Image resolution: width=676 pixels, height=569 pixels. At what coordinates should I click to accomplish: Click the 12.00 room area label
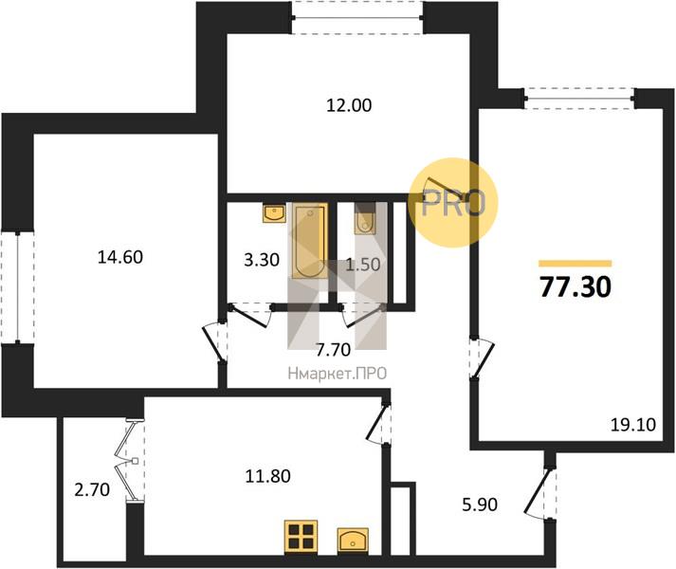(x=349, y=105)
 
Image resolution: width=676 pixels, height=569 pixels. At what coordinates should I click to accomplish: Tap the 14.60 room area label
(x=120, y=257)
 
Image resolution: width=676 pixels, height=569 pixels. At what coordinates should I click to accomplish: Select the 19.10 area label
(x=633, y=425)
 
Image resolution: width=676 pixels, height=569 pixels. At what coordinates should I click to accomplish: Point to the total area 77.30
(x=576, y=287)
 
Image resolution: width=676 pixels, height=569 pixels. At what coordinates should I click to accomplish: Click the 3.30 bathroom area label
(x=262, y=260)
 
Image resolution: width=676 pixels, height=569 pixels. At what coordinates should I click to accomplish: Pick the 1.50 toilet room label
(x=363, y=265)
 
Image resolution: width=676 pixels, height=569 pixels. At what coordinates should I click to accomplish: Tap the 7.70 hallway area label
(x=333, y=350)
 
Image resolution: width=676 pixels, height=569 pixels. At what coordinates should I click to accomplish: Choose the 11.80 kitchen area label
(x=267, y=476)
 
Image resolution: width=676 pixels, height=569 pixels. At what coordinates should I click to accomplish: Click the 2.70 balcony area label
(x=92, y=490)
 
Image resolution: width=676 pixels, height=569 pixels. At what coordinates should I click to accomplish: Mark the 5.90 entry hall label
(x=480, y=504)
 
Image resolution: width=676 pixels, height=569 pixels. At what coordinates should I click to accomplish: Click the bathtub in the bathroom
(x=309, y=241)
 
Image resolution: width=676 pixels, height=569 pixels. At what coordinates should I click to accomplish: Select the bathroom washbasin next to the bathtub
(x=274, y=213)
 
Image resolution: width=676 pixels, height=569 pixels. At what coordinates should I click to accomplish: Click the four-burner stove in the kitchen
(x=301, y=537)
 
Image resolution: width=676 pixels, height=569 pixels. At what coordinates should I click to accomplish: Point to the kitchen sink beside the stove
(x=353, y=540)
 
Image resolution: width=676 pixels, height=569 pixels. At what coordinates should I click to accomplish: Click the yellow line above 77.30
(x=576, y=264)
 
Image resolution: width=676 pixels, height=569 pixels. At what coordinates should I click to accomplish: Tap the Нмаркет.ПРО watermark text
(x=338, y=374)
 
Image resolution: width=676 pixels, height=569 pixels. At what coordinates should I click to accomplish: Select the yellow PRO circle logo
(x=452, y=202)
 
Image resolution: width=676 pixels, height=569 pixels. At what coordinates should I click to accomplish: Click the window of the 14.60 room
(x=17, y=287)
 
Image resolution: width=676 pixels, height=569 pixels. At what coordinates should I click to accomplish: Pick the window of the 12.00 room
(x=357, y=18)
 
